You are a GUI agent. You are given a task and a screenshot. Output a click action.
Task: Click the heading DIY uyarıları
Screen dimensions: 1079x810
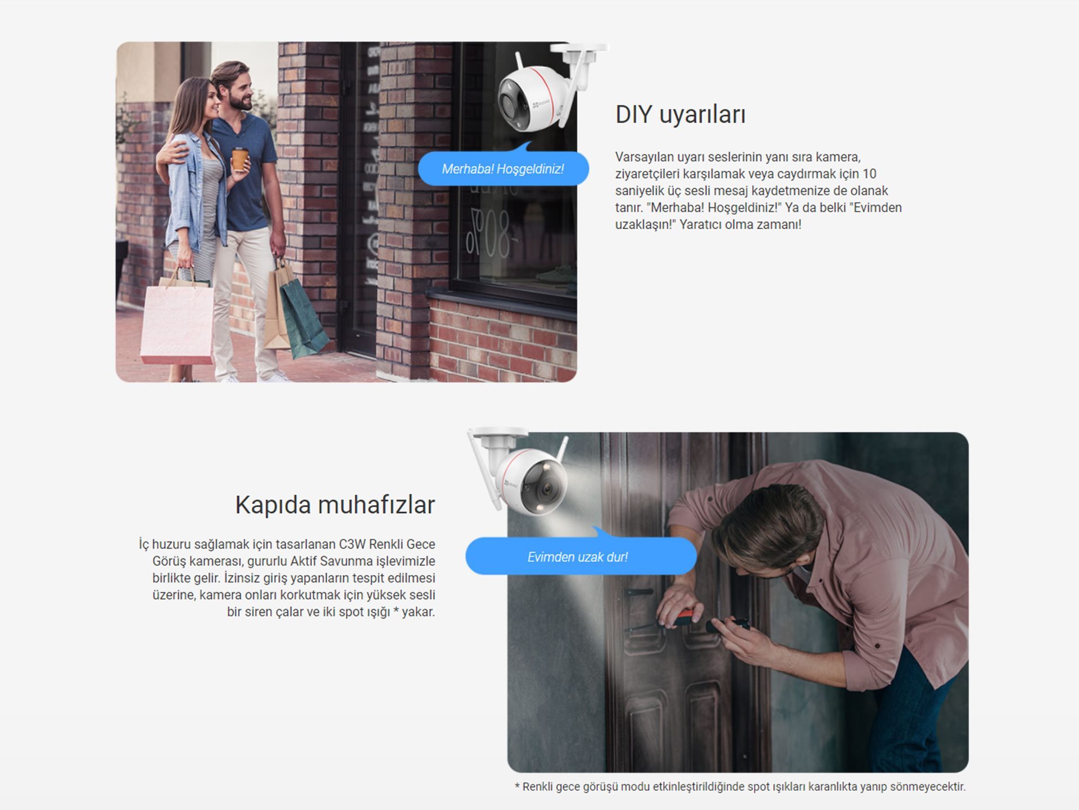click(x=681, y=115)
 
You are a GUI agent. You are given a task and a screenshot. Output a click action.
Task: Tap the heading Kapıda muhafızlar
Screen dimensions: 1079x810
click(x=335, y=504)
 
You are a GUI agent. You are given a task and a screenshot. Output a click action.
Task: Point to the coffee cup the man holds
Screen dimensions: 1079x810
click(x=240, y=158)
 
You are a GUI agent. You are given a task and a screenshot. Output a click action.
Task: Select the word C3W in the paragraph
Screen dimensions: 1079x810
click(x=352, y=544)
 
